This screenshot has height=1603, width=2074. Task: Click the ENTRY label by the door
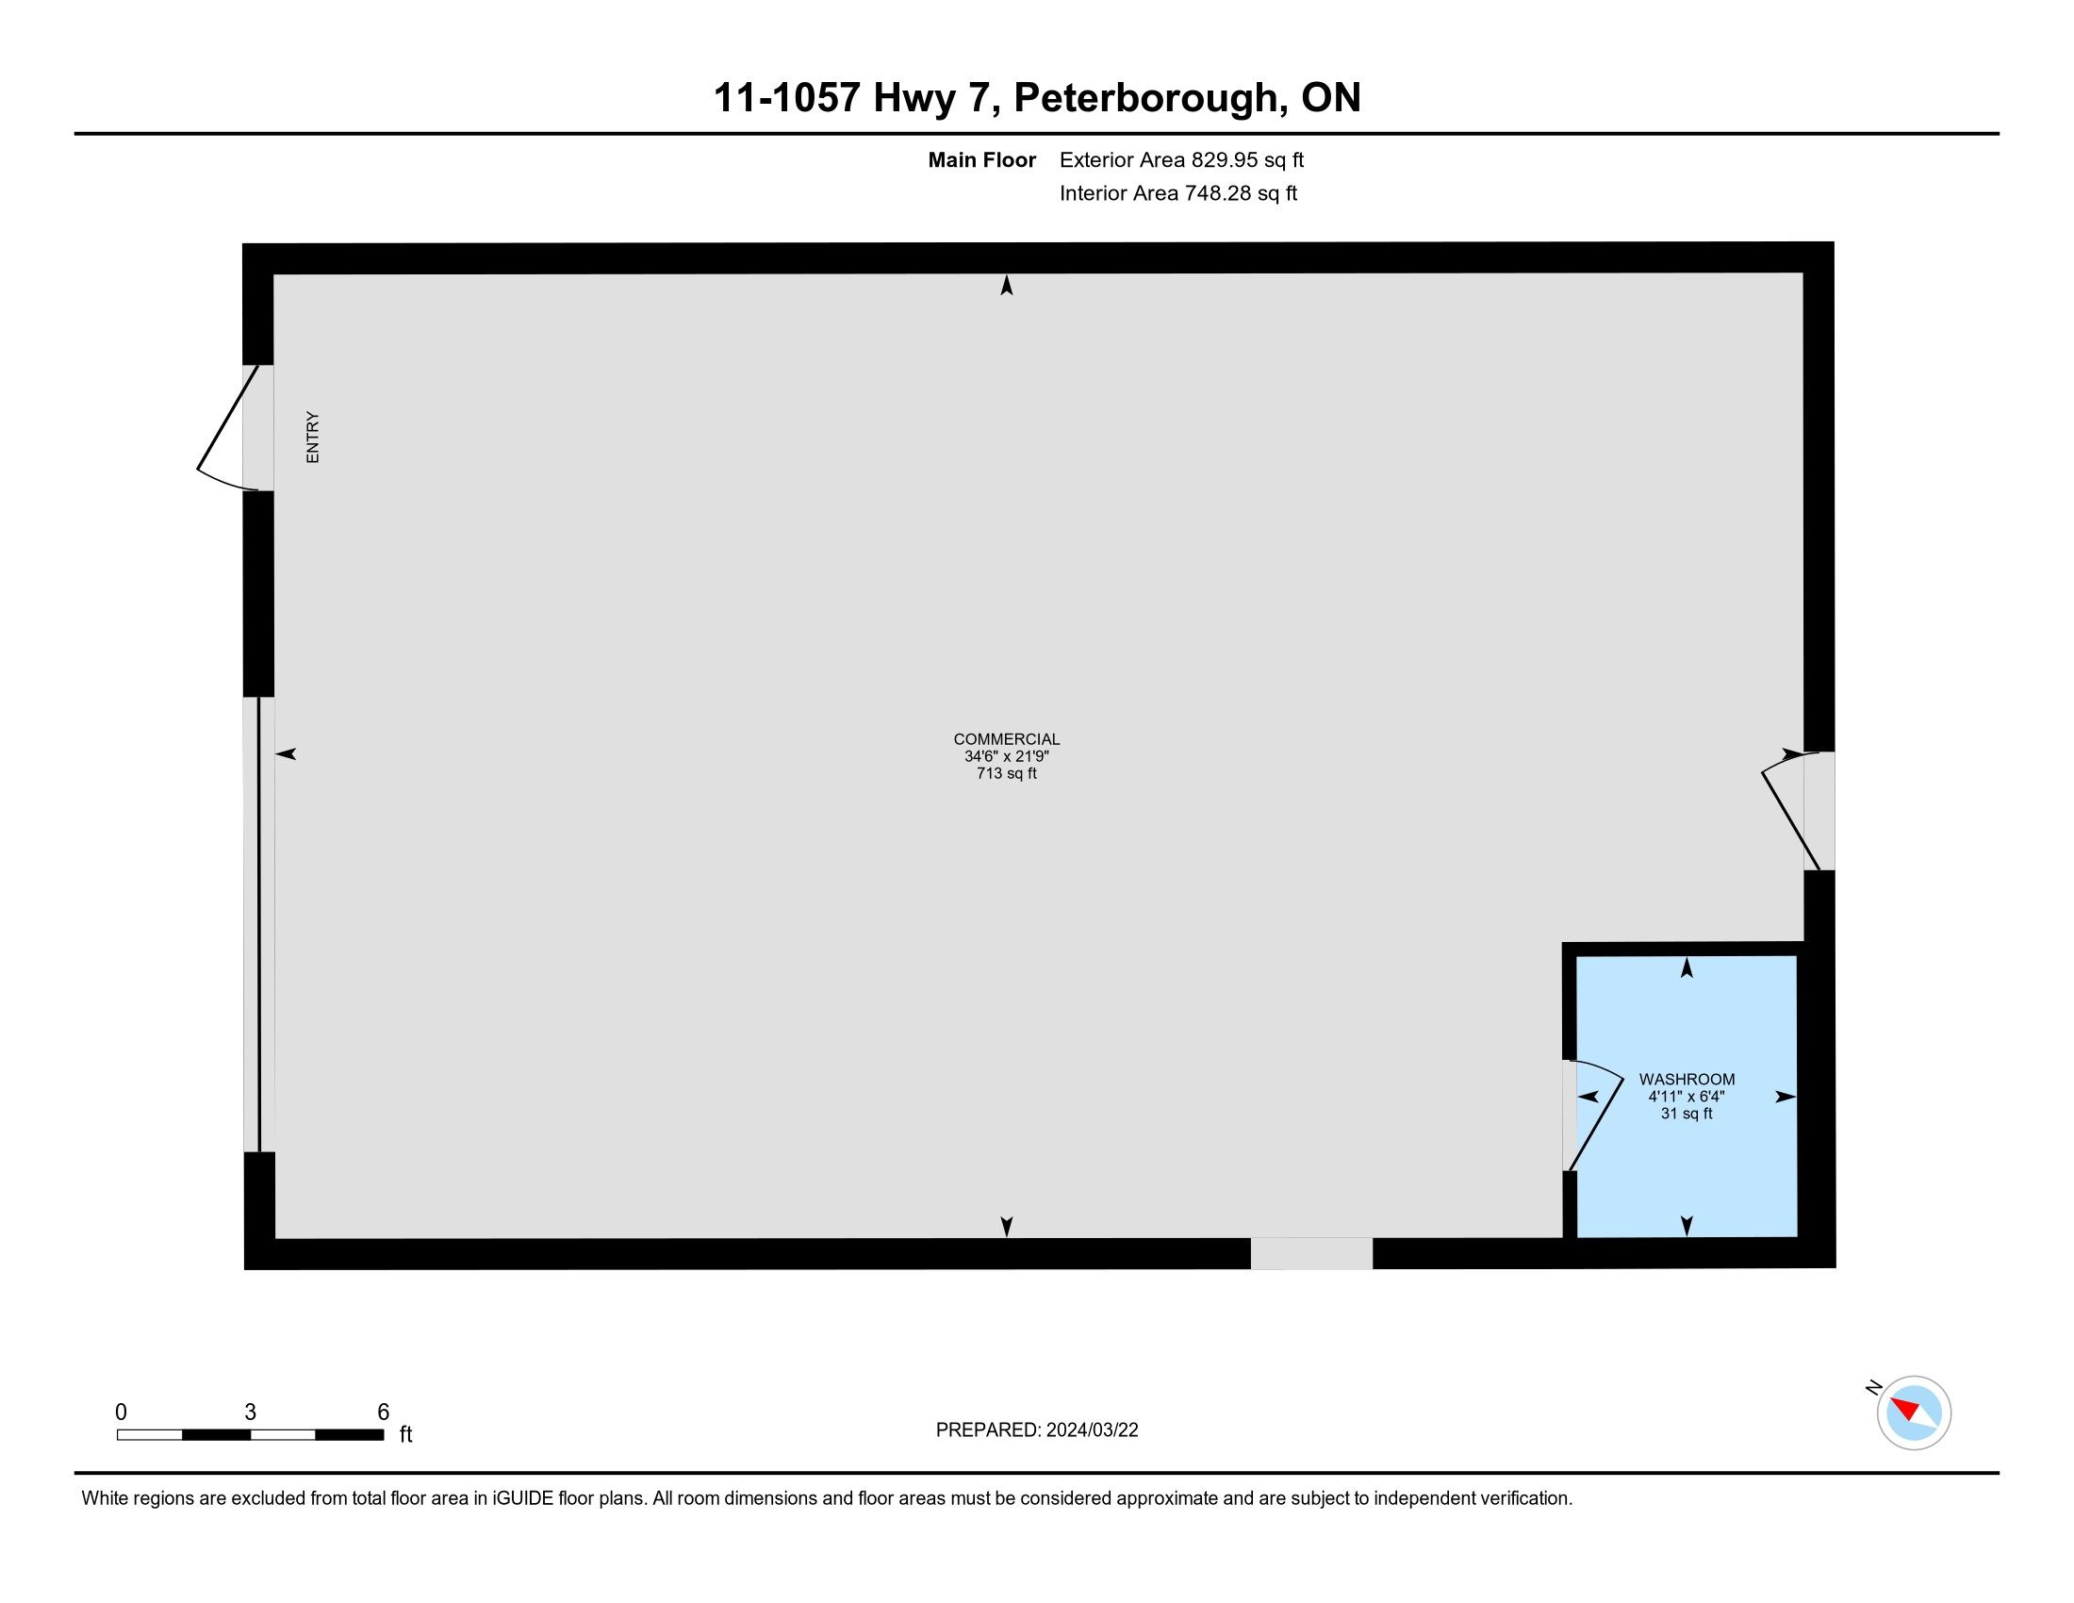(x=312, y=437)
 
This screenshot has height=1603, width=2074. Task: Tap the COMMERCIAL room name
(x=1007, y=739)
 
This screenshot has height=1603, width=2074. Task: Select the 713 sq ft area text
(x=1007, y=773)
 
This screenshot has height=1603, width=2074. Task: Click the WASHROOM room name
(x=1687, y=1079)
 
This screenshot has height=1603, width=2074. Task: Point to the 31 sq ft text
(x=1687, y=1113)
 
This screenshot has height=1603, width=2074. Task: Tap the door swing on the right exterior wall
(x=1791, y=811)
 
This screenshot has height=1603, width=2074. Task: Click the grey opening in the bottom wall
(x=1311, y=1253)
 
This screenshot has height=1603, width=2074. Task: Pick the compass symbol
(x=1913, y=1413)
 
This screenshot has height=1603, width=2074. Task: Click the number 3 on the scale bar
(x=250, y=1413)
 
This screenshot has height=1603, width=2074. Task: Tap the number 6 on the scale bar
(x=384, y=1413)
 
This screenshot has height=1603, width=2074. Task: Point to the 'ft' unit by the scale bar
(x=405, y=1434)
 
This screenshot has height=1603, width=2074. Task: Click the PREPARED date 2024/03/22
(x=1092, y=1430)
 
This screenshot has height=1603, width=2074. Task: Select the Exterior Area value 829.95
(x=1220, y=159)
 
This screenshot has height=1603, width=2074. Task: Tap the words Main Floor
(x=982, y=159)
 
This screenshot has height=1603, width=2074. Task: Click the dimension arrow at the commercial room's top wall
(x=1007, y=285)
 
